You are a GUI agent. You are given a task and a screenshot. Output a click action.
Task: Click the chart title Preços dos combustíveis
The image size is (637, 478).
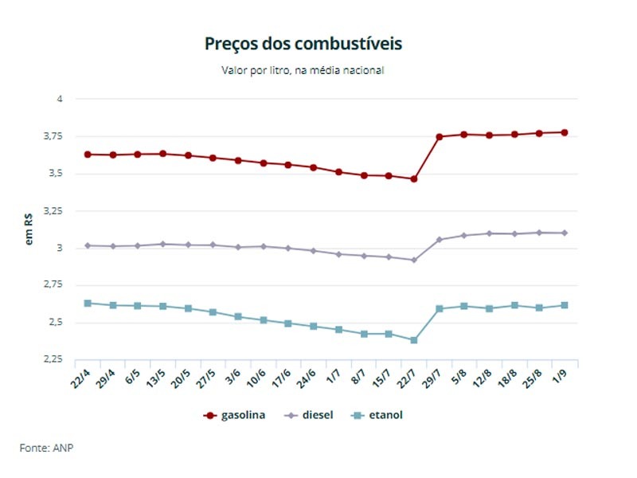point(303,44)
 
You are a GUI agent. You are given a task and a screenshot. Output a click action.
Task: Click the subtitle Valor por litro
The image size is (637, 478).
point(256,70)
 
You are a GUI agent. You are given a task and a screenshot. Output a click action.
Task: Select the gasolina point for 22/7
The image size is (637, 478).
point(413,178)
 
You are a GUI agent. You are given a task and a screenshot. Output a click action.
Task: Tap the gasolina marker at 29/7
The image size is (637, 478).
point(440,137)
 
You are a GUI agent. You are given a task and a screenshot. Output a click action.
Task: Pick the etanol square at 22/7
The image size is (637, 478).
point(413,340)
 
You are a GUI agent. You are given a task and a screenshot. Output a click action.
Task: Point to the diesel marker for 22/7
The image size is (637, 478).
point(413,261)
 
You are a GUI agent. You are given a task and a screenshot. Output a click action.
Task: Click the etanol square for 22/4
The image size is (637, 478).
point(88,304)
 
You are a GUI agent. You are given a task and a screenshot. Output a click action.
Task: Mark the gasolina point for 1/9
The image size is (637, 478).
point(565,132)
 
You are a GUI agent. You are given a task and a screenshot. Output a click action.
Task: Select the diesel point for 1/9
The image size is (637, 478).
point(565,233)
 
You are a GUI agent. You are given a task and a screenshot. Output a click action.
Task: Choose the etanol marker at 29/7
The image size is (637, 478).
point(440,309)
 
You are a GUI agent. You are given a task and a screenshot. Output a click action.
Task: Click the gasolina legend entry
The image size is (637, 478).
point(234,415)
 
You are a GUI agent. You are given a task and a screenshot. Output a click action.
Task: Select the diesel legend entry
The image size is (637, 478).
point(309,415)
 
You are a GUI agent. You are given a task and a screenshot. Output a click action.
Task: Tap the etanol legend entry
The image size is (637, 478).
point(377,415)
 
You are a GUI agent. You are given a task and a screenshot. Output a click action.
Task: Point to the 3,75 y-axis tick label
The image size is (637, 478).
point(53,136)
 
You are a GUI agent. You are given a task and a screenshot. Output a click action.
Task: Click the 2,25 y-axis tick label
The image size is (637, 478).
point(53,359)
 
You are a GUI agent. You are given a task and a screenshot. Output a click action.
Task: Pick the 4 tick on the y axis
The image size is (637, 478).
point(60,99)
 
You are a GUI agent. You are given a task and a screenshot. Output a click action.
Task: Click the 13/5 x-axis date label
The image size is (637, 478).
point(156,378)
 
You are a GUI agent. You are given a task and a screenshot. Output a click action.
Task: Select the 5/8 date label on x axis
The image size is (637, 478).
point(459,377)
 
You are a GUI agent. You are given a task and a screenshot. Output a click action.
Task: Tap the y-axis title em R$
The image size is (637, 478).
point(29,229)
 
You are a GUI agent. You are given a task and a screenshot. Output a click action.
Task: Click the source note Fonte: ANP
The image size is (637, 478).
point(46,448)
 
